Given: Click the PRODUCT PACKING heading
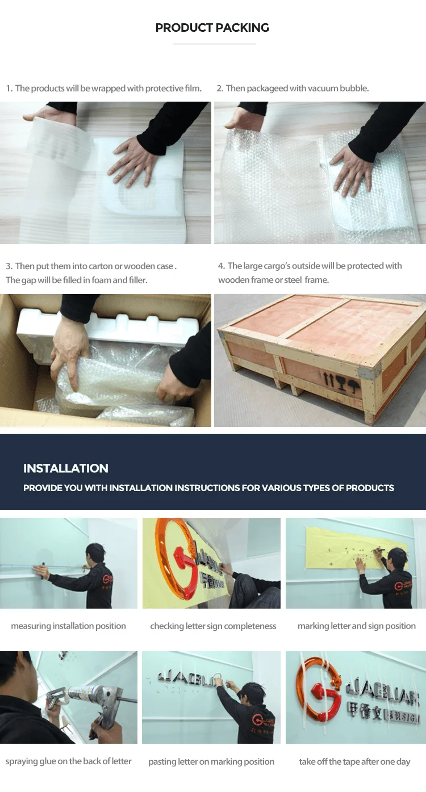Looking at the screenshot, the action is point(212,28).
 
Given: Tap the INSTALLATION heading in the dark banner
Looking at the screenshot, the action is point(66,468).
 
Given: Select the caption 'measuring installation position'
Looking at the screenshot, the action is point(68,626).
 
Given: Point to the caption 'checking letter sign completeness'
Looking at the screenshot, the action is point(213,626).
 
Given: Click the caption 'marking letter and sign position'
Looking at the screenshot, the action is point(356,626).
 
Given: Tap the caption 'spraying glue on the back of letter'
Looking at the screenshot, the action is point(68,761).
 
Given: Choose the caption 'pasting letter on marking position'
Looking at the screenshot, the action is point(211,761).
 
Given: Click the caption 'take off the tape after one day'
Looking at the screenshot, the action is point(354,761).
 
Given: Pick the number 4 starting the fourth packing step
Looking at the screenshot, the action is point(221,266).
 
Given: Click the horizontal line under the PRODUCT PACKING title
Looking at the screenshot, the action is point(214,44).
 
